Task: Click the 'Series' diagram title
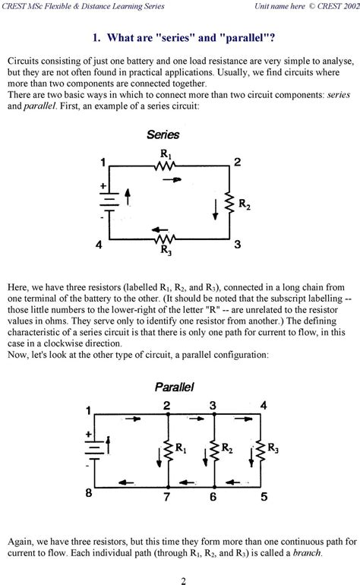coord(163,134)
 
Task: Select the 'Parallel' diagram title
coord(175,387)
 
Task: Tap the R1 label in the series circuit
coord(166,154)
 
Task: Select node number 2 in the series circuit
coord(238,162)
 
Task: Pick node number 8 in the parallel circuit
coord(89,494)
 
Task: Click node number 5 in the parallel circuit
coord(264,498)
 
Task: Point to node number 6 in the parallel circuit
coord(213,498)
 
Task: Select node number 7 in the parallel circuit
coord(166,498)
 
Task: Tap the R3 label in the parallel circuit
coord(273,449)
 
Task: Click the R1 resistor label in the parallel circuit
coord(181,449)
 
